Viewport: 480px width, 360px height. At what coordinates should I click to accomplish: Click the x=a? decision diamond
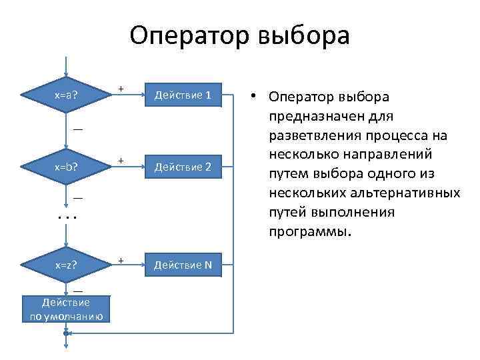(x=65, y=95)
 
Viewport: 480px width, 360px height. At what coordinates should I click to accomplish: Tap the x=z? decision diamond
(x=65, y=265)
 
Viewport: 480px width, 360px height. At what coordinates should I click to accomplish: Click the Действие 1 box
(x=183, y=95)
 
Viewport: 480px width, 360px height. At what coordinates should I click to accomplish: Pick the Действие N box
(x=183, y=265)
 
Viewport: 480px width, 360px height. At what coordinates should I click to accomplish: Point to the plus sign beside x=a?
(x=121, y=88)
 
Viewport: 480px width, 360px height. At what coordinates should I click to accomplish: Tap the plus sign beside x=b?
(x=121, y=160)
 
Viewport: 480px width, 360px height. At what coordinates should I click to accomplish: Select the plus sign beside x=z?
(x=121, y=259)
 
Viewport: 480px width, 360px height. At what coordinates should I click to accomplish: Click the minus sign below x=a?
(x=78, y=128)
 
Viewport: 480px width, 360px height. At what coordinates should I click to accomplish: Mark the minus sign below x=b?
(x=78, y=198)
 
